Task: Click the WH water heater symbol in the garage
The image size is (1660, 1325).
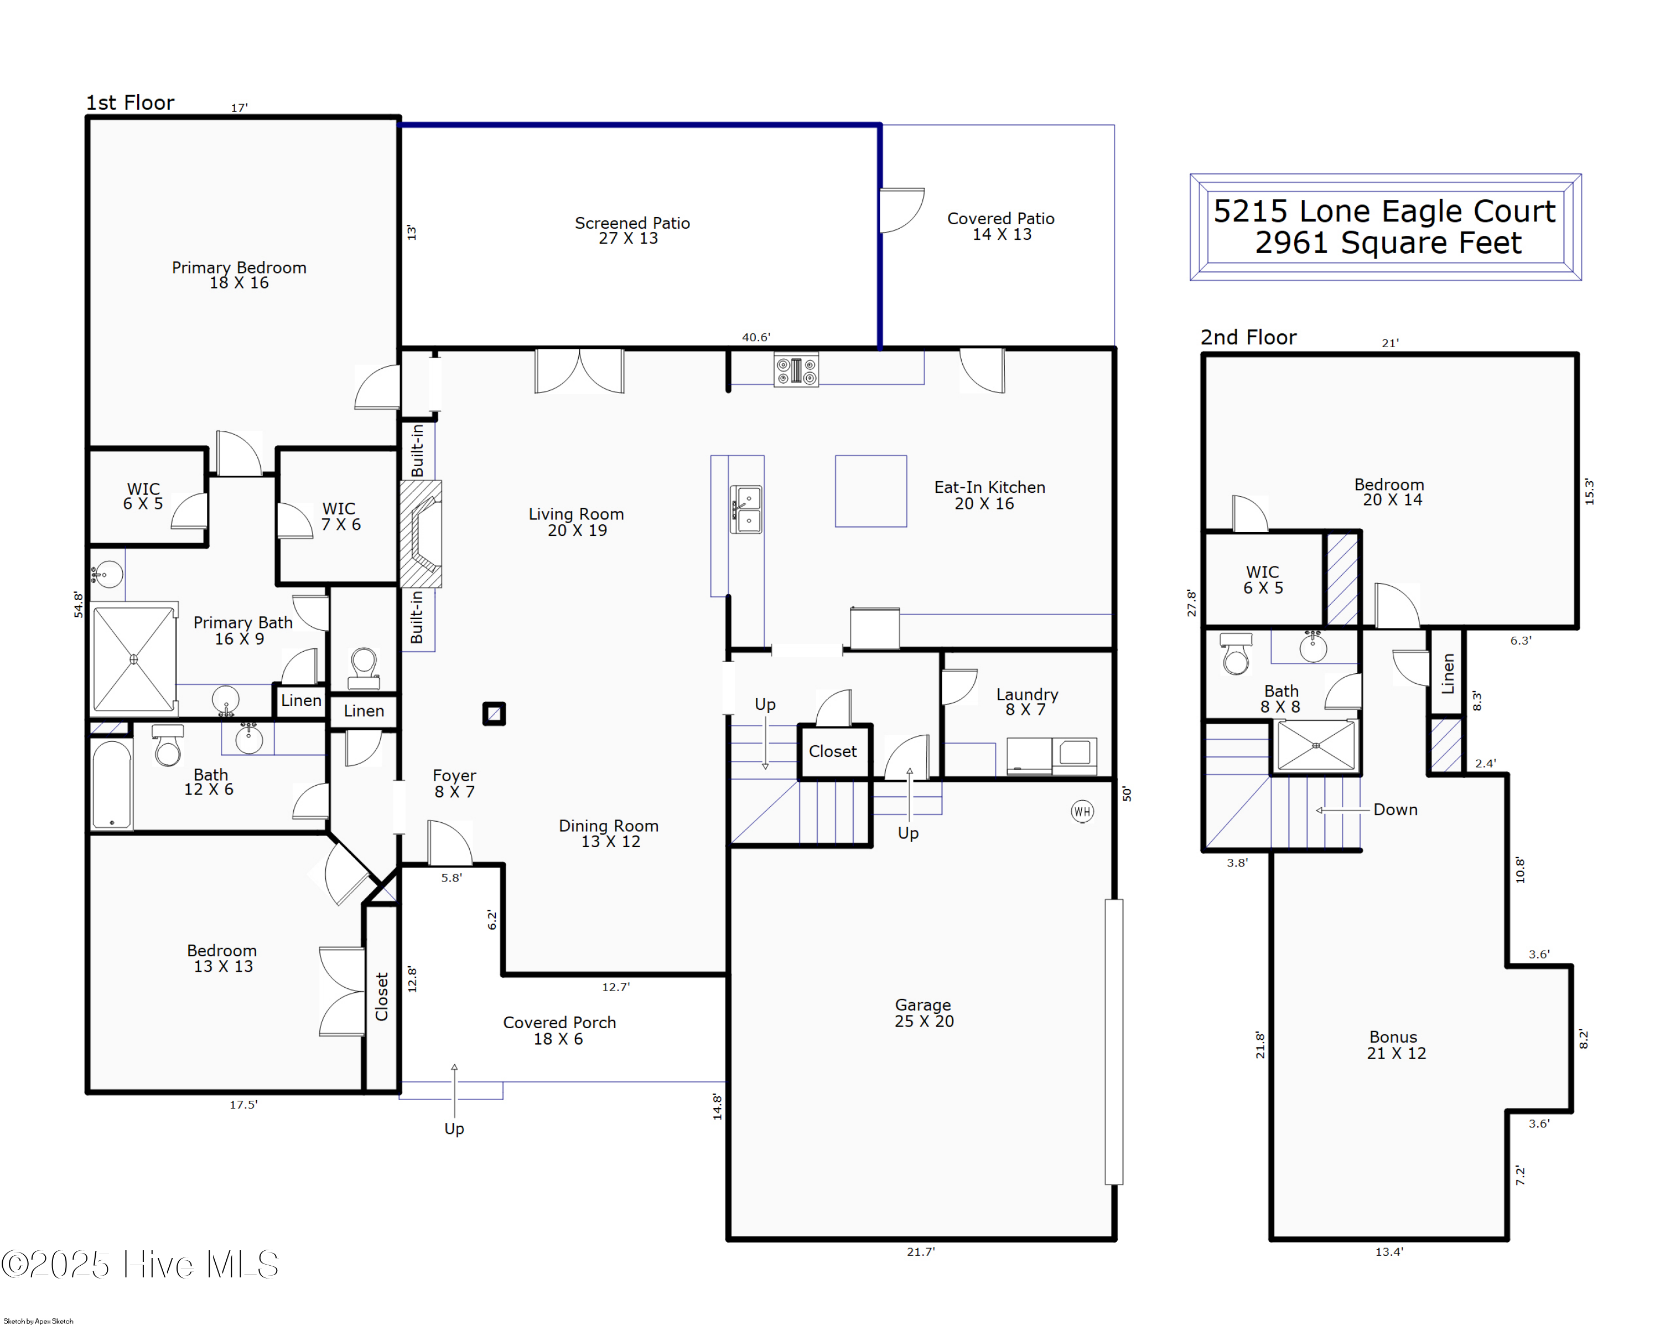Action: coord(1082,811)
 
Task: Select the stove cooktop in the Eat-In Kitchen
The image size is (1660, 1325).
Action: coord(796,370)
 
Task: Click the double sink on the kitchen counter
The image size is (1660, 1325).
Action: coord(746,509)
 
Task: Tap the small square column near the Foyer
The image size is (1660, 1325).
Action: coord(494,713)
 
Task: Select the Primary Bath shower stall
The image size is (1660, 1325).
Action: coord(134,659)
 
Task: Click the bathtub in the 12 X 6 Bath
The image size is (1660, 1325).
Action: coord(112,783)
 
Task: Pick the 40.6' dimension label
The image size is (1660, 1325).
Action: coord(755,337)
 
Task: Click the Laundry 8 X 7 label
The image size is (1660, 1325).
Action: coord(1026,702)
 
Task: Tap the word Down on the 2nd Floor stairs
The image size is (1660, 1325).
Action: coord(1394,810)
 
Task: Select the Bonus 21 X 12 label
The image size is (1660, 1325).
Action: coord(1395,1045)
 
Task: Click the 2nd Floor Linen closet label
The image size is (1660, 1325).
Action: coord(1448,673)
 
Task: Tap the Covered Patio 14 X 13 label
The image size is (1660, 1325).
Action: coord(1000,226)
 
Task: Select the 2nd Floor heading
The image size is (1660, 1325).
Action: coord(1248,337)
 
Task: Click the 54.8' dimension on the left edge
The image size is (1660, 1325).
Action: coord(78,604)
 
